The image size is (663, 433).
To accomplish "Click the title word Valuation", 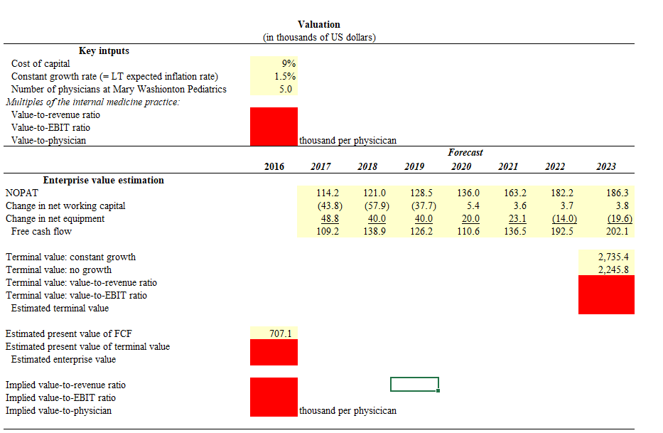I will coord(318,24).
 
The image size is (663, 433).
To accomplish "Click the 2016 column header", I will coord(274,166).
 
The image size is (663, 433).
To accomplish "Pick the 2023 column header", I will coord(605,166).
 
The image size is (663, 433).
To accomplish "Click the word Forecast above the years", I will coord(465,153).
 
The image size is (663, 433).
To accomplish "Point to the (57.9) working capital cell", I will coord(374,205).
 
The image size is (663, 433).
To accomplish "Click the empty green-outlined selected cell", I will coord(414,385).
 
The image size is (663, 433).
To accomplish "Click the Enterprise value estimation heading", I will coord(104,180).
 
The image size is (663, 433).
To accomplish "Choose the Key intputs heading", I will coord(104,50).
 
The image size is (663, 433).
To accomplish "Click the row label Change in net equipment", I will coord(55,218).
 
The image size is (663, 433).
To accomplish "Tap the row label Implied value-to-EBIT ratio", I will coord(60,397).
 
